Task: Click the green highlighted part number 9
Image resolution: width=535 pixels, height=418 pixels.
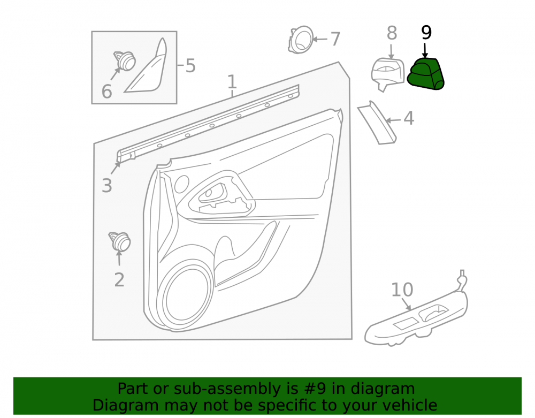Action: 425,74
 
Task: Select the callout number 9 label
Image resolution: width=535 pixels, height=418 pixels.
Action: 426,33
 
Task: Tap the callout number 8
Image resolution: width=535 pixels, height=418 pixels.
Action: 392,33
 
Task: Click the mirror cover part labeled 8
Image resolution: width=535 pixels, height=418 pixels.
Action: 387,74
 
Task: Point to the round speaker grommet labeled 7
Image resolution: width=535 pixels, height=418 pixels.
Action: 301,40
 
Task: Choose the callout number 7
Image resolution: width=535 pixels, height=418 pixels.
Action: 335,39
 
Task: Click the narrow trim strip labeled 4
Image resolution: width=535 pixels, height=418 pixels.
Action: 377,123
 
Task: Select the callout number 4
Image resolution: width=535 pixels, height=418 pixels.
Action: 409,118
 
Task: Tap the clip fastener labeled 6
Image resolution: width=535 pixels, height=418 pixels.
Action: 125,61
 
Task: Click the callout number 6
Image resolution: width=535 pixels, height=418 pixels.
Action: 107,92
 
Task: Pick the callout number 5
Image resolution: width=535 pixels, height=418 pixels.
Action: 190,65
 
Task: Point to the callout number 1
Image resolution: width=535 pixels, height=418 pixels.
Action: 232,82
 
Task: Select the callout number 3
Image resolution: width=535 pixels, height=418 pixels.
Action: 107,186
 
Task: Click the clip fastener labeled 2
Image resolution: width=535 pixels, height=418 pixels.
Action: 120,241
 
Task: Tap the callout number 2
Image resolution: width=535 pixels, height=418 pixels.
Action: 119,280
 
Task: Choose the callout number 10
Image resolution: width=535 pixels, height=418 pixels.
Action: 402,290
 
